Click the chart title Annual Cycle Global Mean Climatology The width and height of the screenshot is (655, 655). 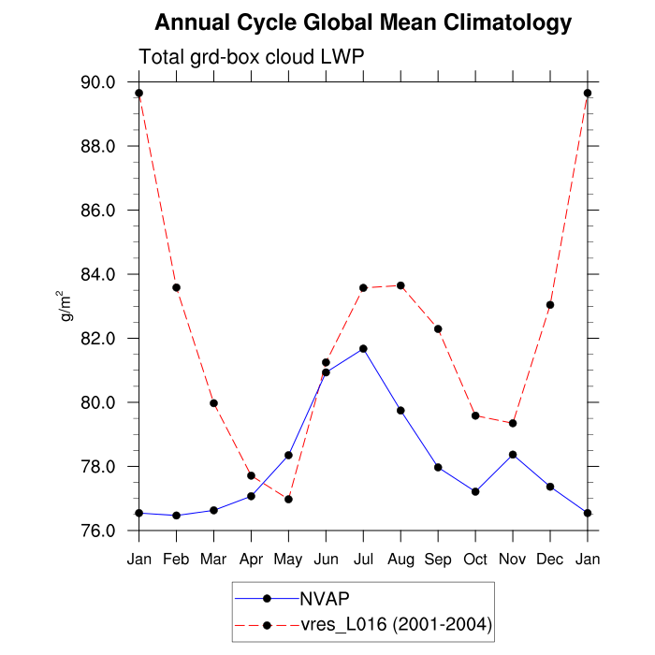click(x=363, y=22)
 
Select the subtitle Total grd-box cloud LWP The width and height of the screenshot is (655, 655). click(x=251, y=57)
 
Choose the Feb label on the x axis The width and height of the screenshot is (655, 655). click(x=176, y=559)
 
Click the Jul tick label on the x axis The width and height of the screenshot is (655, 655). click(x=363, y=559)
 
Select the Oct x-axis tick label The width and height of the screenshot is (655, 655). click(x=475, y=559)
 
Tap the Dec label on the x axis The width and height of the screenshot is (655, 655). click(x=550, y=559)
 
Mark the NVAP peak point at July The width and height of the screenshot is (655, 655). click(x=363, y=349)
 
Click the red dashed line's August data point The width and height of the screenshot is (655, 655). click(x=400, y=285)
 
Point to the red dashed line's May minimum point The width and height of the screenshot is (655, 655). click(x=288, y=499)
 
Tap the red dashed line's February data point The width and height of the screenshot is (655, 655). click(x=176, y=287)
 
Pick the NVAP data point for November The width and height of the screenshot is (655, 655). click(x=513, y=455)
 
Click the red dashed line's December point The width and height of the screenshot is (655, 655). click(x=550, y=305)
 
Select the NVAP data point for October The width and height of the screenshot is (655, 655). click(x=475, y=491)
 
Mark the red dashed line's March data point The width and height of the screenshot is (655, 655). click(x=213, y=403)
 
